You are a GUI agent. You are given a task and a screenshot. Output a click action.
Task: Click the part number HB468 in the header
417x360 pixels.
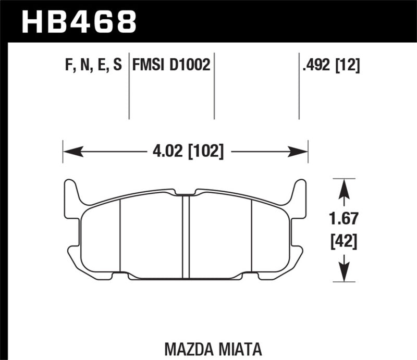78,21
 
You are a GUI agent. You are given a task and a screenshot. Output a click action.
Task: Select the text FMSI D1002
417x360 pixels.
171,65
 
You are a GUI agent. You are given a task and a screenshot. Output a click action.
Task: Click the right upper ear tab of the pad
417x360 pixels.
299,193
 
